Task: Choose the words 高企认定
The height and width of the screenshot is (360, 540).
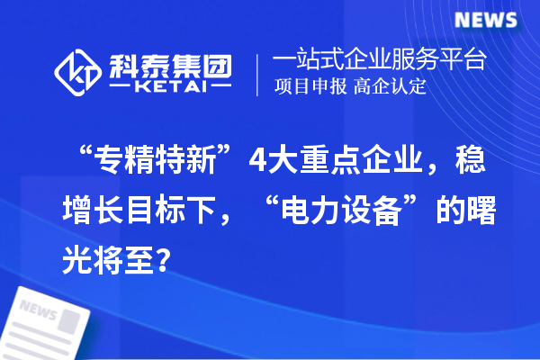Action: (390, 87)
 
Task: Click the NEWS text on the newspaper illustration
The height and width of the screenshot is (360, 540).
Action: (39, 310)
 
